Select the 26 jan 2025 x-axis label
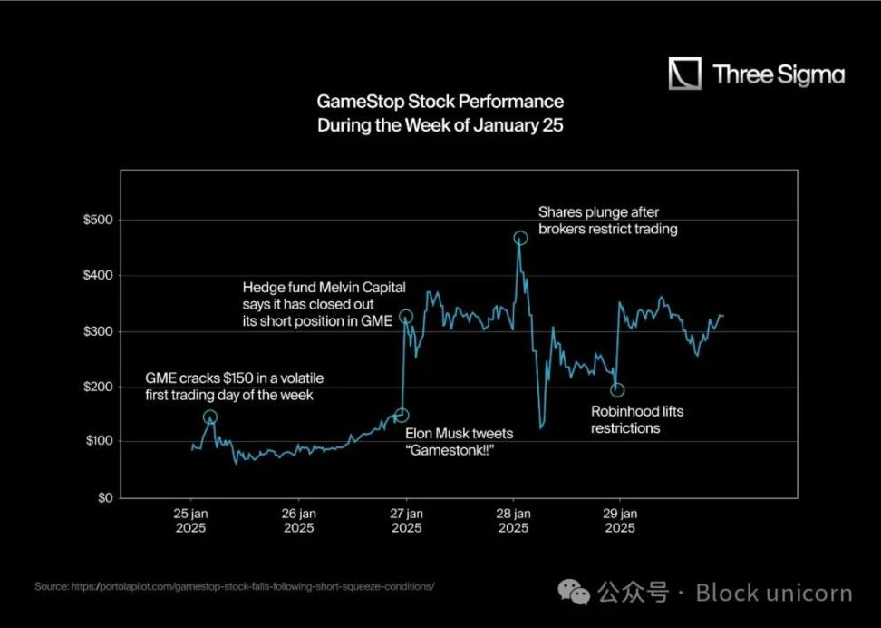coord(299,520)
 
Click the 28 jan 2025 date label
coord(513,520)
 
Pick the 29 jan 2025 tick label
coord(620,520)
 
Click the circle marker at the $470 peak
coord(520,238)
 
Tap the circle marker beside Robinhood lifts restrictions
coord(617,390)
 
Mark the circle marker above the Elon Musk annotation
coord(402,416)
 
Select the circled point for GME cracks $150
coord(210,417)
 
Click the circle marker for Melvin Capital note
coord(406,317)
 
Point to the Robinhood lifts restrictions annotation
coord(637,419)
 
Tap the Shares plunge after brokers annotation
coord(607,221)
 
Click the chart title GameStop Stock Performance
coord(440,102)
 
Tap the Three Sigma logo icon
coord(684,74)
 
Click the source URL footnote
coord(235,586)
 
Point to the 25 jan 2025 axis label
coord(192,520)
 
